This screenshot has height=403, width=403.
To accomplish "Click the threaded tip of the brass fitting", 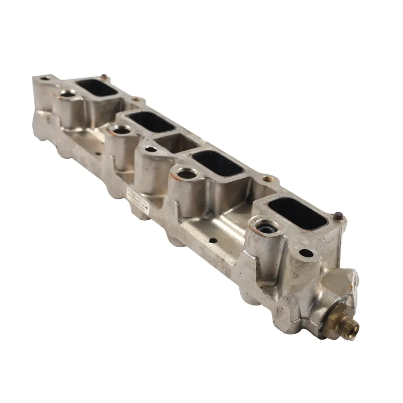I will tap(352, 328).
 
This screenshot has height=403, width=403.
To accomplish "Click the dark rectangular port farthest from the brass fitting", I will tap(96, 88).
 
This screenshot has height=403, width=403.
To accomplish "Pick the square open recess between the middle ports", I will tap(176, 144).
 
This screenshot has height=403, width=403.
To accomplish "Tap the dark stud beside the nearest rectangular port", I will tap(339, 216).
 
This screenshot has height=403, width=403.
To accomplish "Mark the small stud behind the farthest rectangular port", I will tap(104, 77).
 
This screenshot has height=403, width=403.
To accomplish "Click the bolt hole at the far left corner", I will tap(45, 78).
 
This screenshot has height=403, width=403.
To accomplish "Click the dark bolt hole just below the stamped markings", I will tap(306, 253).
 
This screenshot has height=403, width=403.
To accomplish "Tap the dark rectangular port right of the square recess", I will tap(218, 163).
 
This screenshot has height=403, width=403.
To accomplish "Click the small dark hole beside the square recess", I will tap(150, 149).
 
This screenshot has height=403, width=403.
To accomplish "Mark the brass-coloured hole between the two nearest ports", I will tap(268, 179).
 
